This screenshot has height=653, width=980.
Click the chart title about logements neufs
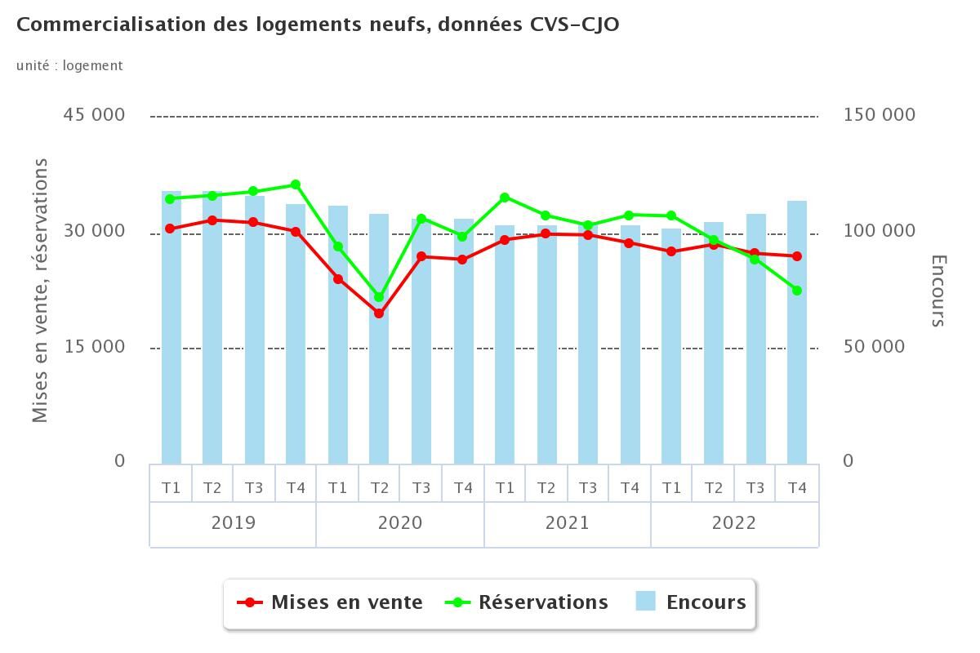318,24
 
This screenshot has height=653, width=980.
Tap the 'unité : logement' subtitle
69,65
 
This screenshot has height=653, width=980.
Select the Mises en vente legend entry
331,602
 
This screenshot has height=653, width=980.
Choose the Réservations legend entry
528,602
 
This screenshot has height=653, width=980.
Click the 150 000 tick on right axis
879,115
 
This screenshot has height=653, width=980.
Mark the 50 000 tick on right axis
874,347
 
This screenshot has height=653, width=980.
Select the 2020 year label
400,523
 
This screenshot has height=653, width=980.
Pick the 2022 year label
733,523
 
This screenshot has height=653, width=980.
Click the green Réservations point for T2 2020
379,297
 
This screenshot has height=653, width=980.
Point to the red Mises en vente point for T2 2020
379,313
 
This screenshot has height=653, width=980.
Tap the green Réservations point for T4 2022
797,291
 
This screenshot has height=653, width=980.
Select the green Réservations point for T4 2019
296,185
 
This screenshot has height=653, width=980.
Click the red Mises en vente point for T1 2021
505,240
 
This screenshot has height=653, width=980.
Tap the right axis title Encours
938,291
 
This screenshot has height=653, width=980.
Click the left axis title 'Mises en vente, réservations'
40,291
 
